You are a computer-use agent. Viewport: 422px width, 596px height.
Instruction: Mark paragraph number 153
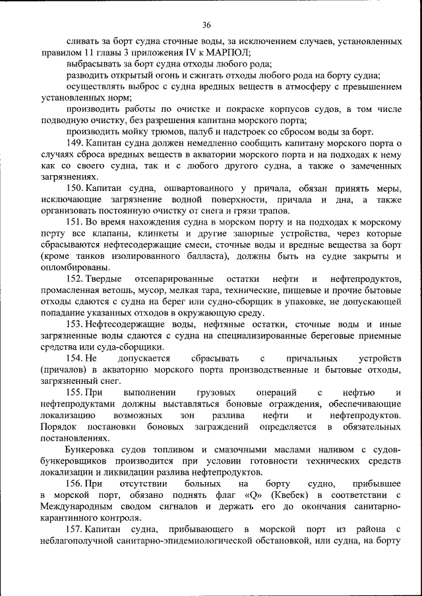[75, 324]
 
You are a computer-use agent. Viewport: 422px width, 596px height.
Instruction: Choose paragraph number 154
[75, 358]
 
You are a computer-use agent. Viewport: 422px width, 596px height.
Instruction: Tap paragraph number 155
[75, 393]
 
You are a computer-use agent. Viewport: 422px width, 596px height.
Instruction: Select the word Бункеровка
[92, 449]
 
